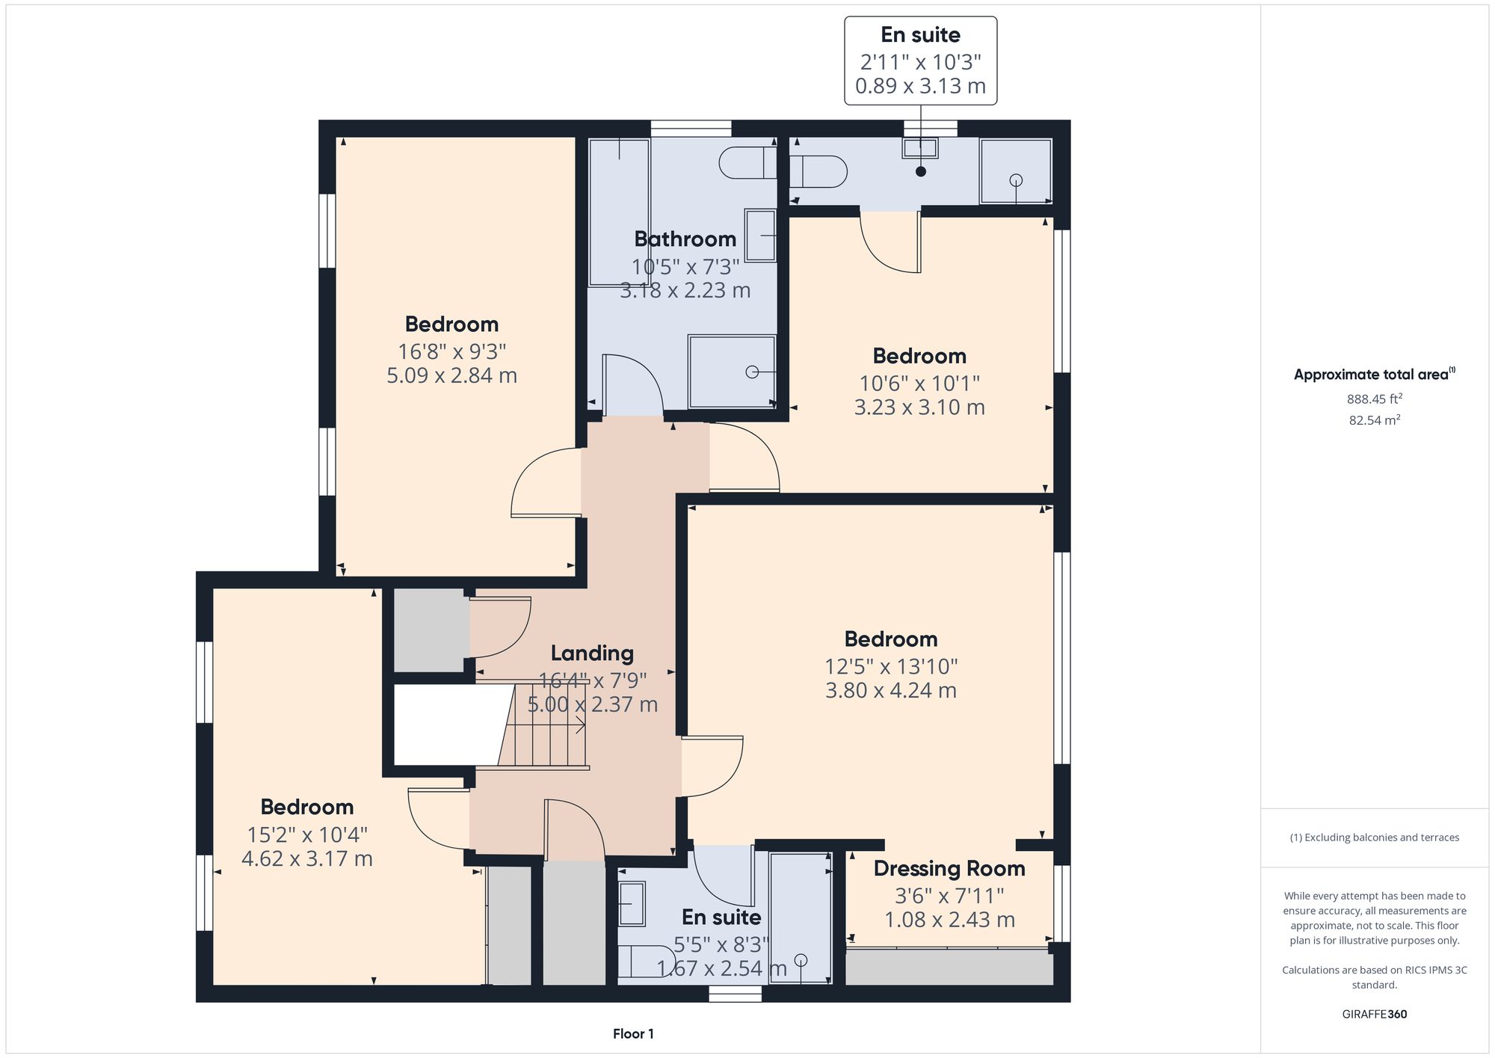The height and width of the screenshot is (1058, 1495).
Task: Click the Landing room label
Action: coord(592,653)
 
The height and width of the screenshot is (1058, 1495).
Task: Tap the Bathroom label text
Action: coord(685,239)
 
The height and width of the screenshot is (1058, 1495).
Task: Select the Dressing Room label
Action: coord(949,869)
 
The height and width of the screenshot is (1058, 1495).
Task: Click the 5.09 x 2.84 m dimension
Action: coord(451,375)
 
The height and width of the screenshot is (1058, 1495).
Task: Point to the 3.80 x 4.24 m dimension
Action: coord(890,690)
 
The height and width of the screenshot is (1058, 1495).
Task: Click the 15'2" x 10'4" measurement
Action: coord(306,834)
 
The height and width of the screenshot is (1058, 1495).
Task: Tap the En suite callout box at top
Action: coord(920,61)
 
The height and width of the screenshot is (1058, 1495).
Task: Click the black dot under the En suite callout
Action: coord(921,171)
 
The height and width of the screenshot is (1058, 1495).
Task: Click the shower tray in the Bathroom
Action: coord(731,372)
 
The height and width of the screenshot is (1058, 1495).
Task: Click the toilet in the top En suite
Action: coord(818,171)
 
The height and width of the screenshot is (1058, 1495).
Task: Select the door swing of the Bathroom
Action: coord(632,385)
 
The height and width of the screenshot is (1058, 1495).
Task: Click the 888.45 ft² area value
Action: coord(1374,399)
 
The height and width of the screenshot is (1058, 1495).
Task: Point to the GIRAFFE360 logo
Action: coord(1374,1015)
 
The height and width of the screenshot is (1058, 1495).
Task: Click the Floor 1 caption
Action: coord(633,1034)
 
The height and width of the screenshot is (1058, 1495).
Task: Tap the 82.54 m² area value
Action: coord(1374,420)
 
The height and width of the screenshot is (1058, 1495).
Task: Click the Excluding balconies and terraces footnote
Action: coord(1374,837)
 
